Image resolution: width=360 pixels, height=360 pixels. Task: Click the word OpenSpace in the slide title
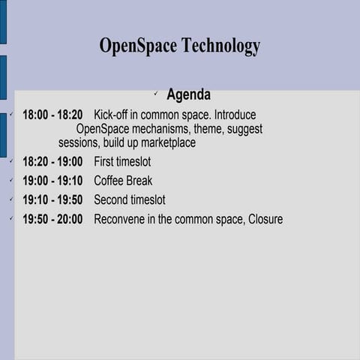(137, 46)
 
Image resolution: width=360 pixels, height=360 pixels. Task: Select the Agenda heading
(188, 95)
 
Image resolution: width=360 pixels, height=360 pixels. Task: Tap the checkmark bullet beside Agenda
(154, 94)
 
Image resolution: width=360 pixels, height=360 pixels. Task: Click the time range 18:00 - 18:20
(52, 115)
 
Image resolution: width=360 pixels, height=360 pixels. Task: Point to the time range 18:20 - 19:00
(52, 161)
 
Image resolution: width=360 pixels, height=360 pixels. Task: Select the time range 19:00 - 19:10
(52, 181)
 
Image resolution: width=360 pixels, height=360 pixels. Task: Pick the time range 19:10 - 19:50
(52, 200)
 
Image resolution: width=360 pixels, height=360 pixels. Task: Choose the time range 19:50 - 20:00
(52, 220)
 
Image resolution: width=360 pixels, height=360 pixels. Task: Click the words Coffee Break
(123, 181)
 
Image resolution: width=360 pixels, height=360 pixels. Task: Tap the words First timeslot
(122, 161)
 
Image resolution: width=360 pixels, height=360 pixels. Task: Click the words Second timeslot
(130, 200)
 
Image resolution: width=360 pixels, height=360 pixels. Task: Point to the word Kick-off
(114, 115)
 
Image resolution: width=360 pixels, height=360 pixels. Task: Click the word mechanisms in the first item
(160, 129)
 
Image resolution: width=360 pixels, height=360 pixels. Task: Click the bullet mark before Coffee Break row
(10, 180)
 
